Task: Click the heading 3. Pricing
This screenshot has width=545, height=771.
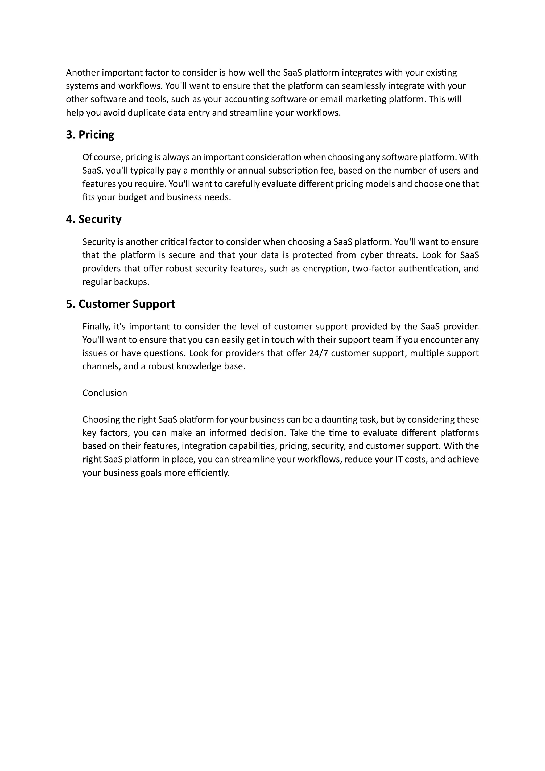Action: [90, 135]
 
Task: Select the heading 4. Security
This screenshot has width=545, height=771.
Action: [93, 219]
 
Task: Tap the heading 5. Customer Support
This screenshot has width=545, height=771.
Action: [120, 304]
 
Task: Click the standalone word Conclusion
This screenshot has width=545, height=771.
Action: [105, 393]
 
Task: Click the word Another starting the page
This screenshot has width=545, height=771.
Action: [82, 73]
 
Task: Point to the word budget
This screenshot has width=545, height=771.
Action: [132, 197]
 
